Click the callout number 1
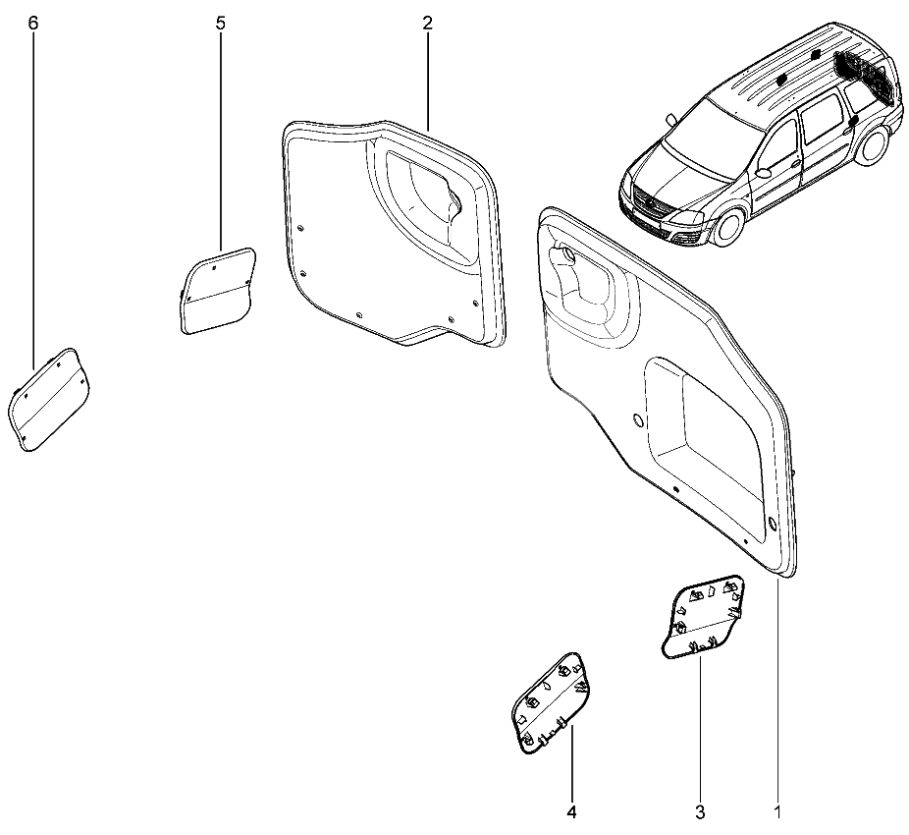pyautogui.click(x=777, y=811)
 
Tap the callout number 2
pyautogui.click(x=427, y=24)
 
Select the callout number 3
pyautogui.click(x=700, y=811)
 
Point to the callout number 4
pyautogui.click(x=571, y=811)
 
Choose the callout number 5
pyautogui.click(x=220, y=24)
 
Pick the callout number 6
pyautogui.click(x=32, y=24)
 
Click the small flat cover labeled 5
pyautogui.click(x=217, y=291)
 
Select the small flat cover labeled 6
pyautogui.click(x=49, y=399)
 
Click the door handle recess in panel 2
pyautogui.click(x=428, y=200)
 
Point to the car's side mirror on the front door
pyautogui.click(x=764, y=172)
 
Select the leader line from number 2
pyautogui.click(x=428, y=82)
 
